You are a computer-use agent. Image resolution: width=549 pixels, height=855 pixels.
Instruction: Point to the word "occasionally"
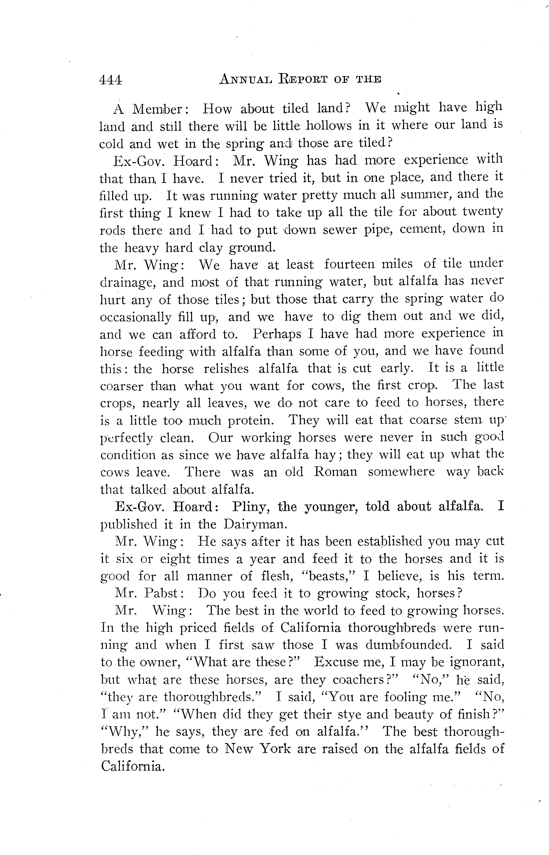[135, 317]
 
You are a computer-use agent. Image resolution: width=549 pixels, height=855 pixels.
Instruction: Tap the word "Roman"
[335, 472]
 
